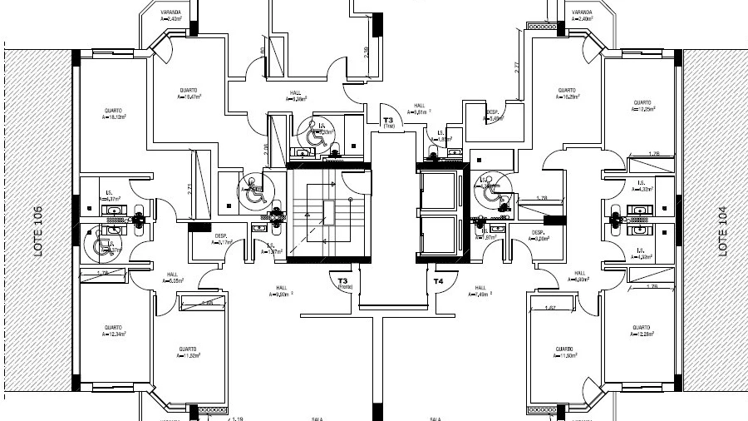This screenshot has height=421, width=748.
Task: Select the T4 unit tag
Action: point(438,281)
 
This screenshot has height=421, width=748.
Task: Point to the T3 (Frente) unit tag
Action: point(342,284)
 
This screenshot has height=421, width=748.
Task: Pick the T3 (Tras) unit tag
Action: point(387,122)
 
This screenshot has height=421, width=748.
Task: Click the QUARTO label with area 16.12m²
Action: point(114,113)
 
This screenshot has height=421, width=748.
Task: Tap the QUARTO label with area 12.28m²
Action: point(639,330)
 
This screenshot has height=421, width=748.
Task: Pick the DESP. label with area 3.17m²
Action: point(221,239)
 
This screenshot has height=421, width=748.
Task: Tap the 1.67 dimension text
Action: point(549,309)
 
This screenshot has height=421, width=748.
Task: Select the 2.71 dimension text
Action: point(189,188)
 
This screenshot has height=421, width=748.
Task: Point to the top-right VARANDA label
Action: point(580,14)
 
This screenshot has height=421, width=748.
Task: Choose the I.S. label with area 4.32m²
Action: point(642,186)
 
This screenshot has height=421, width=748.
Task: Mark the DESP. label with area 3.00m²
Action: point(538,235)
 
